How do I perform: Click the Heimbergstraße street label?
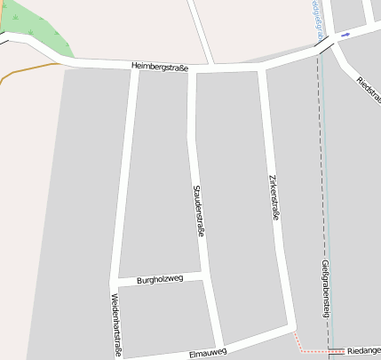(160, 67)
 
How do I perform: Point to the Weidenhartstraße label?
(115, 324)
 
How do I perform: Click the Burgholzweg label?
(160, 280)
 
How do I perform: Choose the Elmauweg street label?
(208, 352)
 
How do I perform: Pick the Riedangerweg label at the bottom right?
(363, 351)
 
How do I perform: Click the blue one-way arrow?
(345, 35)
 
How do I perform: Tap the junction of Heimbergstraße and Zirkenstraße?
(262, 66)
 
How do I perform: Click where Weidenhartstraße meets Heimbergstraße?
(134, 66)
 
